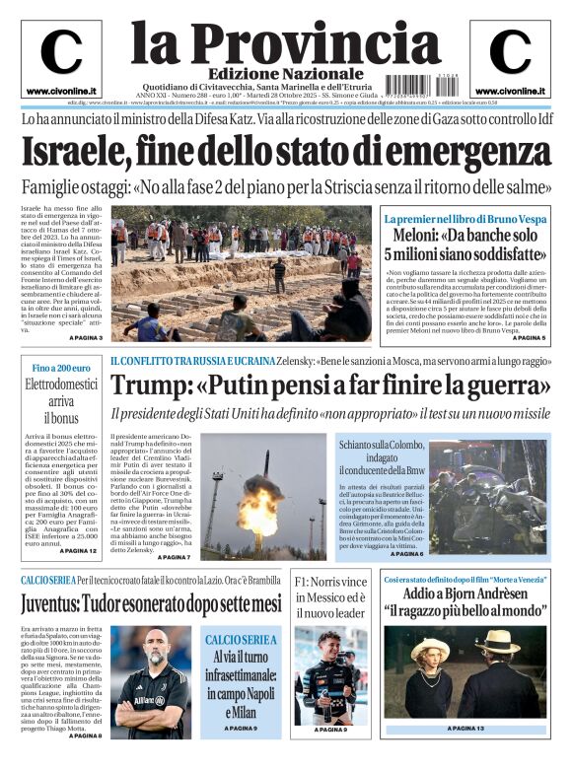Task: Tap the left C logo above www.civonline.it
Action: tap(61, 52)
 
